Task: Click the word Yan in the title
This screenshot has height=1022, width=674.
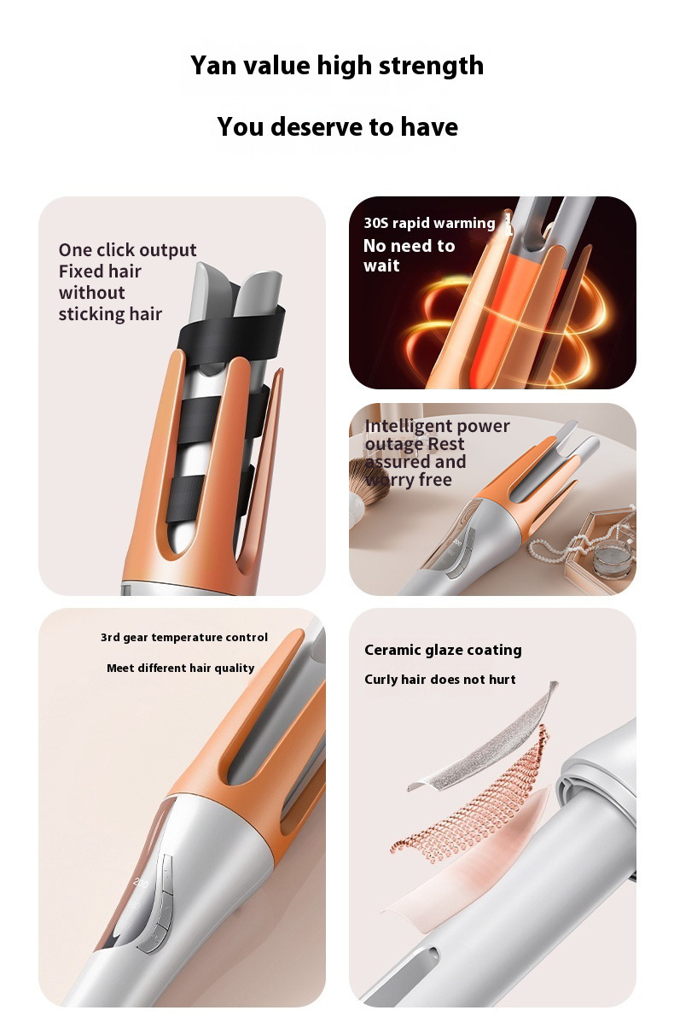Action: click(x=213, y=66)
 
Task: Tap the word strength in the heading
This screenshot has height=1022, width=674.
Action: click(x=431, y=67)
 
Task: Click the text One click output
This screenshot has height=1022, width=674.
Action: click(x=127, y=250)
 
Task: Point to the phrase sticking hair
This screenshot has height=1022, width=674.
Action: click(x=110, y=314)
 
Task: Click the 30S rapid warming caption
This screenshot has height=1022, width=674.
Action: click(x=429, y=223)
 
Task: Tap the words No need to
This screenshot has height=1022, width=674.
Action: click(x=409, y=246)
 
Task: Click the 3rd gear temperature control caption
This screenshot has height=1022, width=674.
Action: click(x=183, y=638)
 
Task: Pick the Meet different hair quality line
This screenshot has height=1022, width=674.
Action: click(x=180, y=668)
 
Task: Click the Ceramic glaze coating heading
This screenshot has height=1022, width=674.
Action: click(x=443, y=650)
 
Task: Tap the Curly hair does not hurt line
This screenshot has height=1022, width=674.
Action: click(x=439, y=679)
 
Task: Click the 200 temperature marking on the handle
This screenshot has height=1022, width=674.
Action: click(x=141, y=882)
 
